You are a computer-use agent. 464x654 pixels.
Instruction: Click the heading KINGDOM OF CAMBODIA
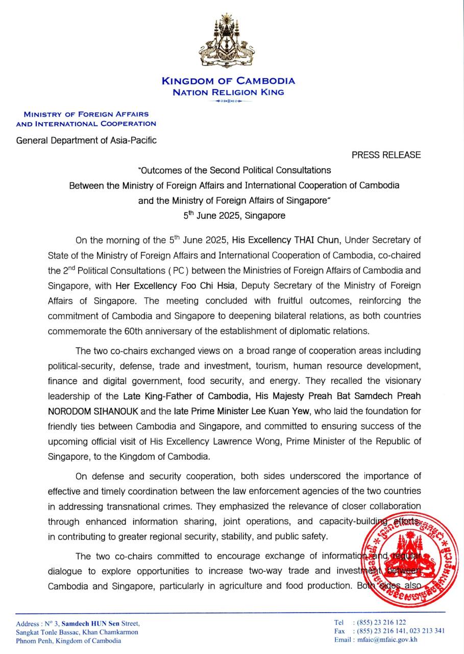click(228, 81)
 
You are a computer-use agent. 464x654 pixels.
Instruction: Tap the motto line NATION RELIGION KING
click(228, 92)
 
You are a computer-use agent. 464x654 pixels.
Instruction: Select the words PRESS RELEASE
click(386, 155)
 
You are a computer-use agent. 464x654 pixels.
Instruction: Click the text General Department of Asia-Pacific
click(86, 140)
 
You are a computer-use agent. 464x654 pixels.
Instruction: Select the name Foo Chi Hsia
click(224, 285)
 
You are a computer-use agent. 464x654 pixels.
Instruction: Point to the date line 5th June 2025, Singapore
click(234, 216)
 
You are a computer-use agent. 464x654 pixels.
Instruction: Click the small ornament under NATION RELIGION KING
click(228, 101)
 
